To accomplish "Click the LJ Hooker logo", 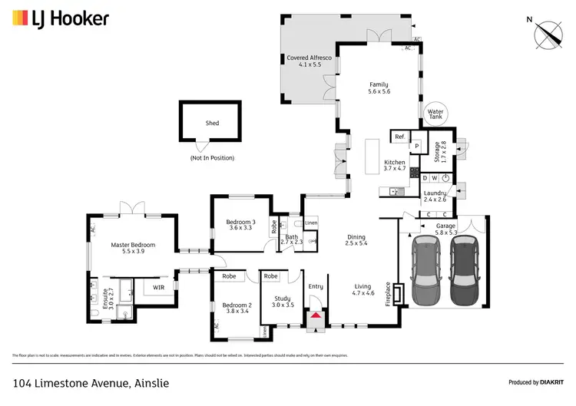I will pos(61,19).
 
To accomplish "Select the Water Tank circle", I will pos(435,114).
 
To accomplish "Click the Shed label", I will pos(212,123).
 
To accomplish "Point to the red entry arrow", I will pos(316,315).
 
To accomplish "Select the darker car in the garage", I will pos(463,269).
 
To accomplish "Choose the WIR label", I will pos(159,288).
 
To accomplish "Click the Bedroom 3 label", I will pos(240,225).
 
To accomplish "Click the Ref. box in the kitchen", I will pos(399,137).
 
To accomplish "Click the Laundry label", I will pos(435,195).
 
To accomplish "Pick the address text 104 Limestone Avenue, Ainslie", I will pos(91,382).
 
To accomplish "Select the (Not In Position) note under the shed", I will pos(212,158).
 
